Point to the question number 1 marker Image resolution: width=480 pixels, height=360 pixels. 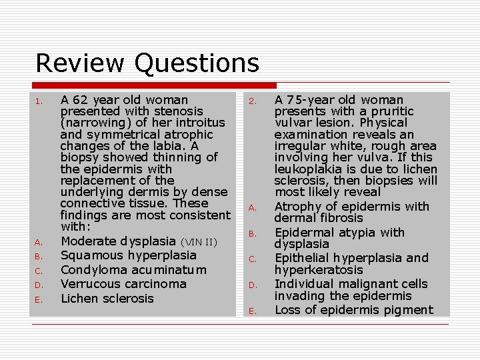(x=39, y=102)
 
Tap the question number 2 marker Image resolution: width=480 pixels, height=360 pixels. (x=253, y=102)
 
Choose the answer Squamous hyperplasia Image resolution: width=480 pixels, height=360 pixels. (x=128, y=255)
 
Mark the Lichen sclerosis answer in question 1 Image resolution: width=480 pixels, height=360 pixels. (x=107, y=299)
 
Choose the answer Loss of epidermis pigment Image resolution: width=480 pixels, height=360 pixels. (x=353, y=310)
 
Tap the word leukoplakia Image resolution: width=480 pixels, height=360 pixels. (x=305, y=169)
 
